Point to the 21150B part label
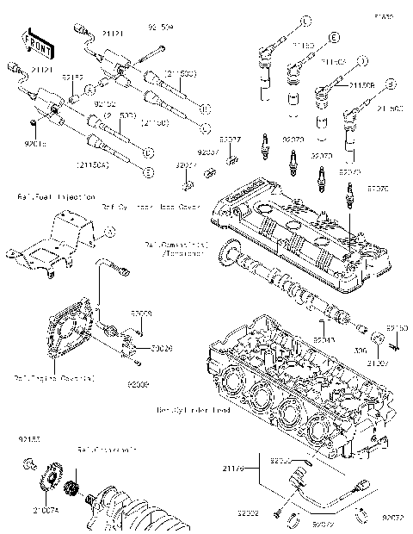[x=361, y=84]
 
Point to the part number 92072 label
[x=393, y=518]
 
